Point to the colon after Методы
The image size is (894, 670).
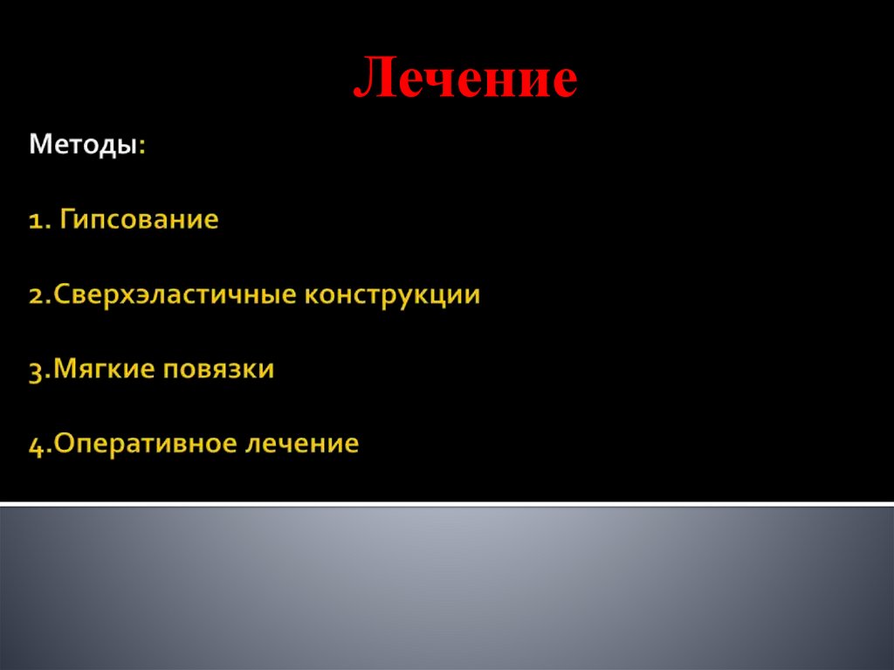(142, 147)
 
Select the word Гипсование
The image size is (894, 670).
(139, 219)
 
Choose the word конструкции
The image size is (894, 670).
(393, 294)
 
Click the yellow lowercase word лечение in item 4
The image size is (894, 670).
(302, 444)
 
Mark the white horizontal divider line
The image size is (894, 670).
(447, 504)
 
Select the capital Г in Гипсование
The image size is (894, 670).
(66, 219)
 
